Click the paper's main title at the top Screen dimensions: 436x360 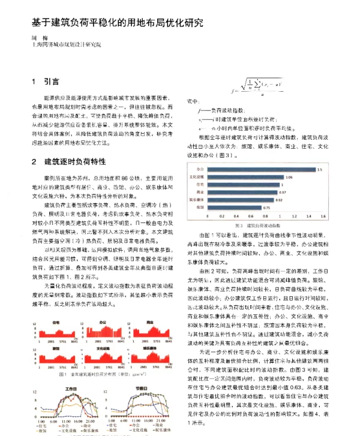(117, 23)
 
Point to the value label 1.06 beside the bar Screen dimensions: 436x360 (289, 178)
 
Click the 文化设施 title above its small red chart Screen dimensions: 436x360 (96, 346)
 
